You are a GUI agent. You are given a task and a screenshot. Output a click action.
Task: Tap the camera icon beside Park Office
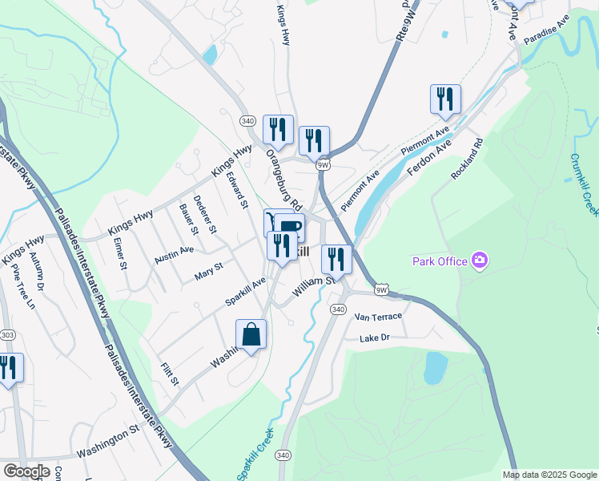point(480,260)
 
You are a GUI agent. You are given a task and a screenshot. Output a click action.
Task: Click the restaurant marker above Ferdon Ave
point(445,99)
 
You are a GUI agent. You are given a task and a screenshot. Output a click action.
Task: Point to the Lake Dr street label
point(374,338)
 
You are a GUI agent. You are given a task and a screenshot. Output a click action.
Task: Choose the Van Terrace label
point(378,317)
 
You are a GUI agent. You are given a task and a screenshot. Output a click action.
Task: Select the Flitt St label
point(169,375)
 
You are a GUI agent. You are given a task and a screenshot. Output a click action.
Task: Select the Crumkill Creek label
point(585,184)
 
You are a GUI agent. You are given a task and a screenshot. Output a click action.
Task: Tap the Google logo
point(26,471)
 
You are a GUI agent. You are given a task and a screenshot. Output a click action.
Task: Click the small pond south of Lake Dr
point(435,367)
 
